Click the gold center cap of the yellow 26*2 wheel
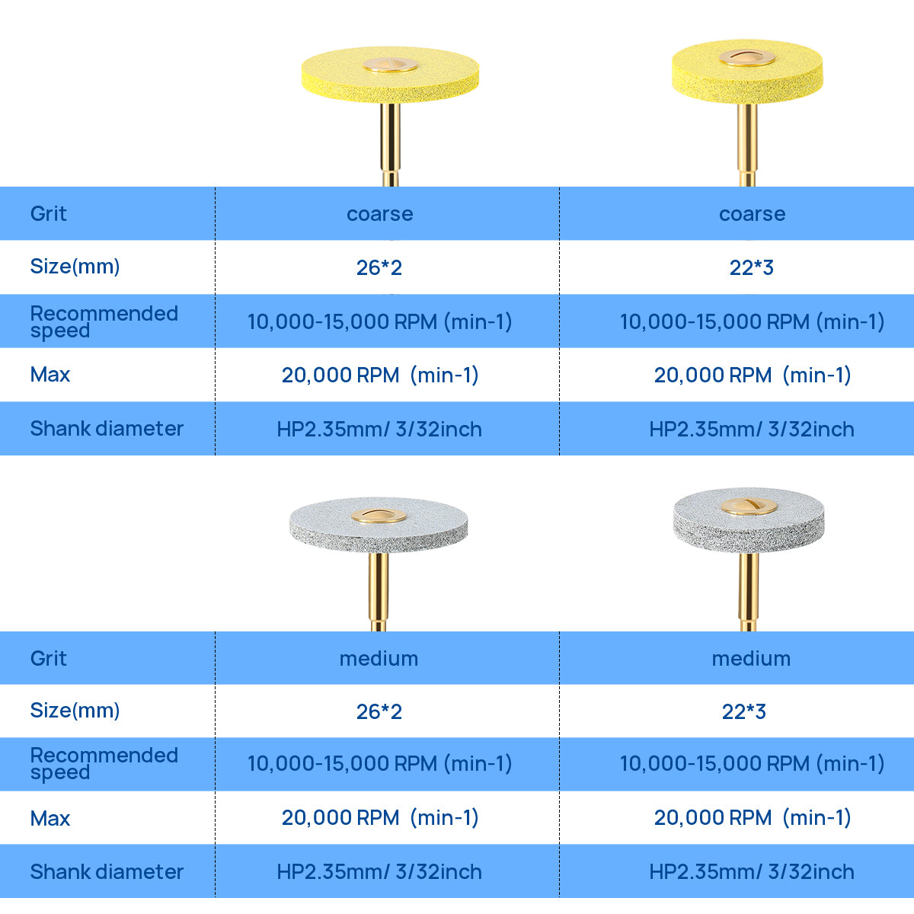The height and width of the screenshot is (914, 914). tap(390, 65)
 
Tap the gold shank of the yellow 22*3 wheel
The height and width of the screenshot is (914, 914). tap(746, 145)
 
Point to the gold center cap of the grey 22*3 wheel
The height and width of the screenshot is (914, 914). tap(748, 506)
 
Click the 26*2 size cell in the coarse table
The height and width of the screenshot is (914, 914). tap(379, 267)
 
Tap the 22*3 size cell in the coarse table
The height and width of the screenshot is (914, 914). tap(751, 267)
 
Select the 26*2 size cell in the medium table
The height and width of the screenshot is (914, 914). tap(379, 711)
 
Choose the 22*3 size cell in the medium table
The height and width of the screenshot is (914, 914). tap(744, 711)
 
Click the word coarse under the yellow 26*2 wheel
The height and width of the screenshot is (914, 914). tap(379, 214)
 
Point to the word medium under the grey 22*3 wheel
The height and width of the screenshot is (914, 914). tap(751, 658)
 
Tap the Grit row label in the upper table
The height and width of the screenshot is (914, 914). tap(49, 213)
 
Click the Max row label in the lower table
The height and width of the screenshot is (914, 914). tap(50, 818)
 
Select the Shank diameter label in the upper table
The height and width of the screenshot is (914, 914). tap(107, 428)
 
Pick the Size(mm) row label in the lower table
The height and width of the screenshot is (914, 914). tap(75, 710)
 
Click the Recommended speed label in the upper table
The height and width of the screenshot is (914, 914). tap(104, 321)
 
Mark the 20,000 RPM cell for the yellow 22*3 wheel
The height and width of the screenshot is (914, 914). tap(752, 375)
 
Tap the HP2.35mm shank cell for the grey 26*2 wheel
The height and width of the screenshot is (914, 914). tap(379, 871)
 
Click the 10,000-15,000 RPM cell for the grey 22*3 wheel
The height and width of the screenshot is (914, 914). tap(752, 763)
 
